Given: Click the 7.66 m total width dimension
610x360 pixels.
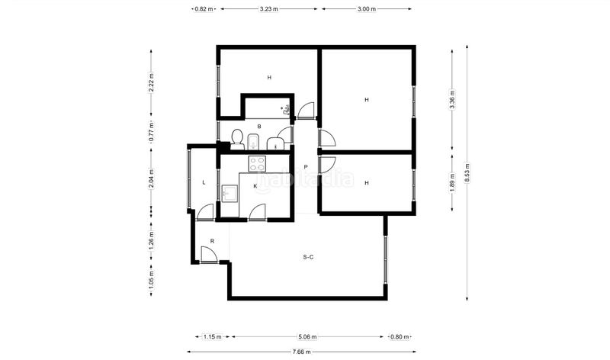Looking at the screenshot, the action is (x=301, y=352).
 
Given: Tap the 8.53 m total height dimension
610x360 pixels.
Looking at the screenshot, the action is (x=467, y=173).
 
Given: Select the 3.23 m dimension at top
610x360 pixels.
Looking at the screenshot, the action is (x=269, y=9).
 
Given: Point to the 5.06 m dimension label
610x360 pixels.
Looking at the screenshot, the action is (x=307, y=336).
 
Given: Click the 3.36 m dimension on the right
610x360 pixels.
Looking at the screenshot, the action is (x=452, y=100).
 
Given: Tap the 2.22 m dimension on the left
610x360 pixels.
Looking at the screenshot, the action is (x=151, y=82).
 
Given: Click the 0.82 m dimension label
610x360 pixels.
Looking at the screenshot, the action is (x=204, y=9).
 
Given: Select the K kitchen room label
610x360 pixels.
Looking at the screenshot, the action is (x=255, y=186).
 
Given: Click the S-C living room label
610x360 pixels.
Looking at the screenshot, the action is (x=308, y=257).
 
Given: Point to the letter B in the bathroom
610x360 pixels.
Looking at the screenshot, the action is (x=259, y=127).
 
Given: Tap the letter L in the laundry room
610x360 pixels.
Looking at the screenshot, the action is (x=204, y=182).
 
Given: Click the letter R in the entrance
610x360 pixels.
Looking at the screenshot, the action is (x=212, y=241).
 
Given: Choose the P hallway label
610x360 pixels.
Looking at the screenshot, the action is (x=306, y=167).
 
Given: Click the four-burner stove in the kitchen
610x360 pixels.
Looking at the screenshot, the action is (x=257, y=163).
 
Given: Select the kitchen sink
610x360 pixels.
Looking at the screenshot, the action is (x=230, y=193).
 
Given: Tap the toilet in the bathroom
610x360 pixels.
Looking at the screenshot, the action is (x=237, y=140).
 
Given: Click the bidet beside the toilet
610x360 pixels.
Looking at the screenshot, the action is (x=253, y=142).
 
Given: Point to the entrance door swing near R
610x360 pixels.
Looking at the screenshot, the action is (x=209, y=255).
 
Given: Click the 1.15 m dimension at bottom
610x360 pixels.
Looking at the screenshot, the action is (x=212, y=336).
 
